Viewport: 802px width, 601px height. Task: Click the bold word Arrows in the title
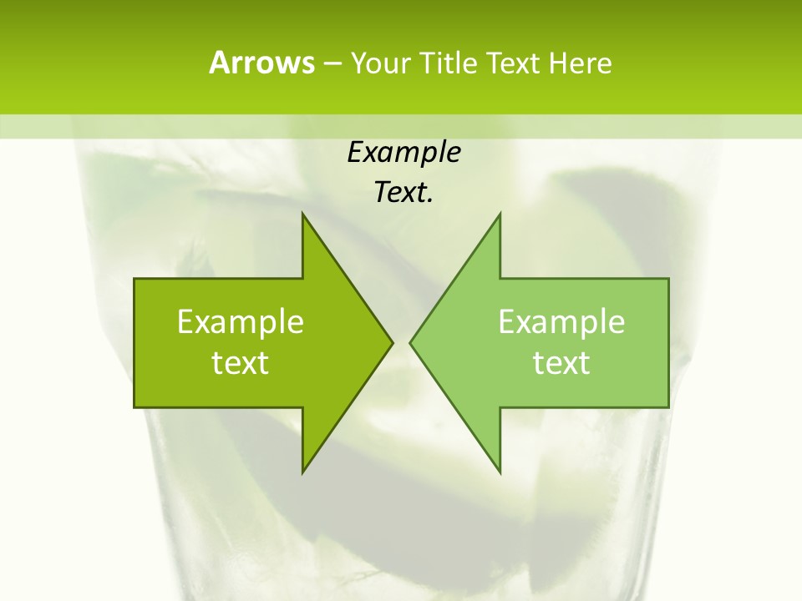261,63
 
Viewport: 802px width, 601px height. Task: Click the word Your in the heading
380,63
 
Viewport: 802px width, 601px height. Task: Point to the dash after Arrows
332,63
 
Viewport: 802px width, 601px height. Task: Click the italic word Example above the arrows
404,152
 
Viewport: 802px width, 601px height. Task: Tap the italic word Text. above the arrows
404,192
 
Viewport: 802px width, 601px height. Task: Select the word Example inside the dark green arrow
241,321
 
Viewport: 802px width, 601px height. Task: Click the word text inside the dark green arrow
241,362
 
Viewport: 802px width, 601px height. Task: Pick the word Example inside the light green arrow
561,321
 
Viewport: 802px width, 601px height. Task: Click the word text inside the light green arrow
561,362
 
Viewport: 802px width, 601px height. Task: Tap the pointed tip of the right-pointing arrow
391,342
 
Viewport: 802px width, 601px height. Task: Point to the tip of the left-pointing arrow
411,342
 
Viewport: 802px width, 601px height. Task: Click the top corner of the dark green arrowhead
303,215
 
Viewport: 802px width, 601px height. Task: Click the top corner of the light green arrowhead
499,215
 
